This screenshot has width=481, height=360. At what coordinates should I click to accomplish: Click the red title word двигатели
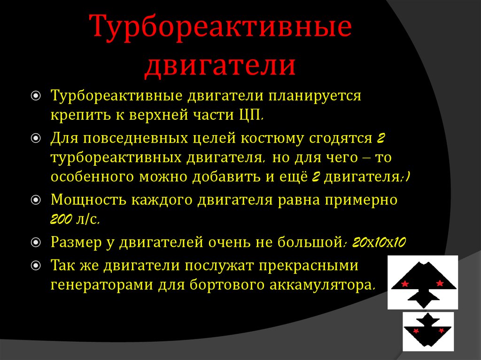coord(220,64)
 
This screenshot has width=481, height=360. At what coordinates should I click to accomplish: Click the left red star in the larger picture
coord(405,283)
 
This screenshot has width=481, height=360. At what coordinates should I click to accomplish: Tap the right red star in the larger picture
coord(440,283)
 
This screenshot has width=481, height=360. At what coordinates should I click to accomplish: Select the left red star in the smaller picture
coord(416,331)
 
